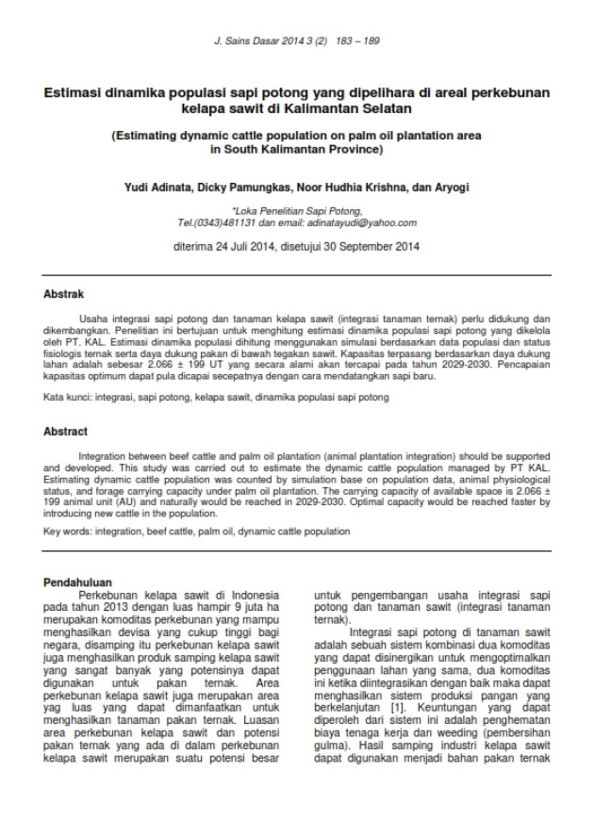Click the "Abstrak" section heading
pos(64,294)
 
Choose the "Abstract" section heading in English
pos(66,431)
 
